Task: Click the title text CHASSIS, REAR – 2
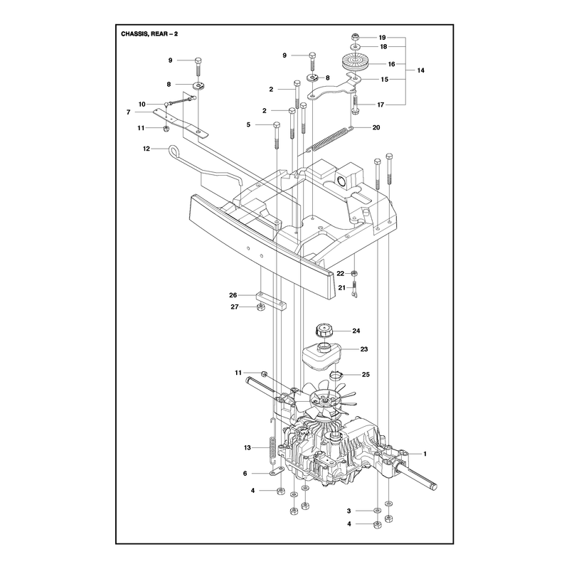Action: coord(149,34)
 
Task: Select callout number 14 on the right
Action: coord(420,70)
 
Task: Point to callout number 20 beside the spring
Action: coord(376,127)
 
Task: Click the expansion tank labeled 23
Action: coord(322,357)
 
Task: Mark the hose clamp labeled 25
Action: coord(336,375)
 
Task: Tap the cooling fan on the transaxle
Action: coord(326,401)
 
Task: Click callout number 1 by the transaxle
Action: coord(425,454)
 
